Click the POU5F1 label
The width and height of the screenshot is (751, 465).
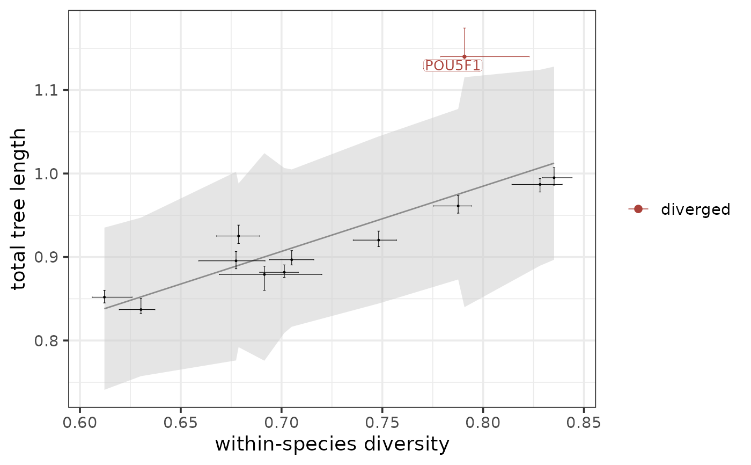coord(453,66)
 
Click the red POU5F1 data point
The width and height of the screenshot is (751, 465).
coord(465,56)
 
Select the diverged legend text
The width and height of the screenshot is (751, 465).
coord(695,209)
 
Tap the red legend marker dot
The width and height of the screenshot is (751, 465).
coord(638,209)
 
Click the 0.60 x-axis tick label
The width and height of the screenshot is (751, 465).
coord(80,423)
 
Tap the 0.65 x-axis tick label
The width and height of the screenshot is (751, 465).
coord(180,423)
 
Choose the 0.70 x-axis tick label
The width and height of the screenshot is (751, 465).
coord(281,423)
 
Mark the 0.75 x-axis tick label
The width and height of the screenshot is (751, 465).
coord(382,423)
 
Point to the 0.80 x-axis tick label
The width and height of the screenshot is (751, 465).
coord(483,423)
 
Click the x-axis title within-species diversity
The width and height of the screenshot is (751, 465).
coord(332,445)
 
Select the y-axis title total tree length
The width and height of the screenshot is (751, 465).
coord(19,209)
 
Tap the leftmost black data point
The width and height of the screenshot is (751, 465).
coord(104,297)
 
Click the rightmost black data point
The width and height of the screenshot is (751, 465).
coord(554,178)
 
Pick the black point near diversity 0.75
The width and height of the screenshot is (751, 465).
coord(379,240)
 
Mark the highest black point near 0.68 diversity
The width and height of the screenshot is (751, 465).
coord(238,236)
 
